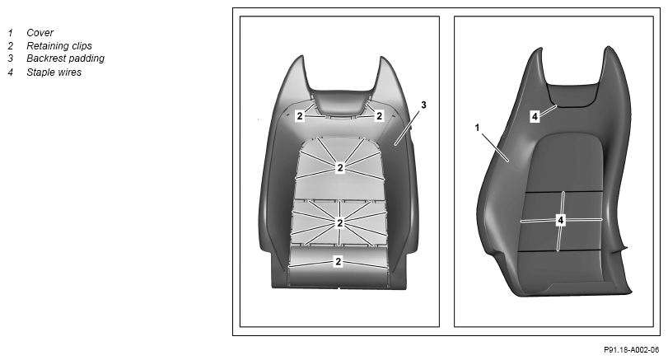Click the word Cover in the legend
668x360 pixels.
coord(40,33)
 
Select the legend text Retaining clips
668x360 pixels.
coord(58,45)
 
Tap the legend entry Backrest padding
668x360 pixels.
coord(65,58)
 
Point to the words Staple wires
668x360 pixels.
coord(54,72)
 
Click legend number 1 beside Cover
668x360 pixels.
coord(10,33)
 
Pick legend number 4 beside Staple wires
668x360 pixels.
coord(10,72)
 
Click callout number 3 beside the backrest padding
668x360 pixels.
coord(423,105)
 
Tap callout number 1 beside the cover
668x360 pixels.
coord(477,128)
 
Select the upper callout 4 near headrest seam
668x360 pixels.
coord(535,116)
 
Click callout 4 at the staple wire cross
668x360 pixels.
coord(561,220)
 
